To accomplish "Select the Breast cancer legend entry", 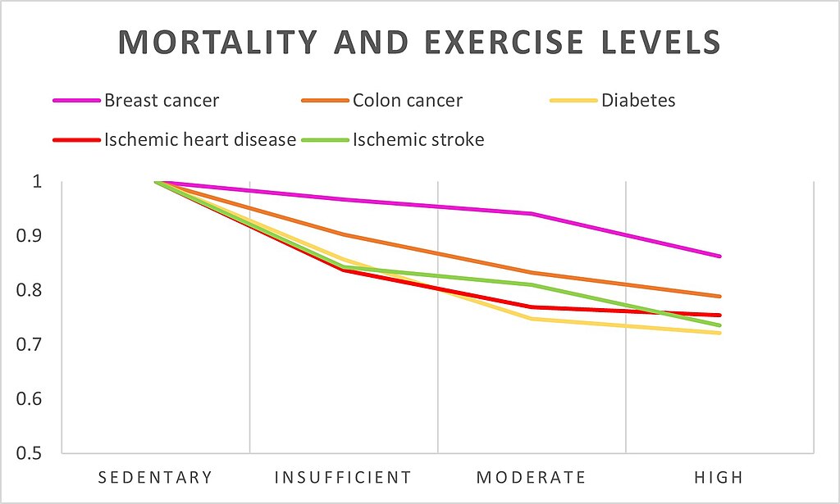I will pos(162,101).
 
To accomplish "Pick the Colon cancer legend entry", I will pos(408,101).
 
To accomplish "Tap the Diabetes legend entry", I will pos(638,101).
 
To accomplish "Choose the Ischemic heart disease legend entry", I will pos(199,139).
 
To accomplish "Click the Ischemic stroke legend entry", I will pos(418,139).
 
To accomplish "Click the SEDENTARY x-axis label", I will pos(156,478).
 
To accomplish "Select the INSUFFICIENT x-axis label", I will pos(343,478).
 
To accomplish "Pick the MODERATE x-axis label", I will pos(532,478).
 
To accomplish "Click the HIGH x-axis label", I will pos(719,478).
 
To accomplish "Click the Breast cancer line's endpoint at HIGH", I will pos(720,257).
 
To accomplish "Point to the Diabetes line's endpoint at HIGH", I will pos(720,333).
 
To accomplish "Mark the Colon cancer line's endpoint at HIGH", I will pos(720,297).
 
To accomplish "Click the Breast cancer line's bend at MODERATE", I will pos(532,214).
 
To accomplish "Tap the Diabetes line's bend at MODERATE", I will pos(532,319).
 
